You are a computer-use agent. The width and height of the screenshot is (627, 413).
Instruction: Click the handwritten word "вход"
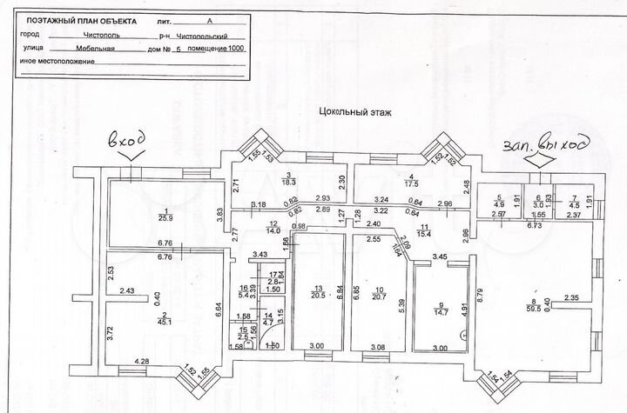pyautogui.click(x=124, y=140)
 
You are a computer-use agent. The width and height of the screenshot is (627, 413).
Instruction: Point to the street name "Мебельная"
pyautogui.click(x=93, y=50)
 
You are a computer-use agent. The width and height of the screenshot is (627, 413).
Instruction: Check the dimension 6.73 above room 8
pyautogui.click(x=534, y=223)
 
